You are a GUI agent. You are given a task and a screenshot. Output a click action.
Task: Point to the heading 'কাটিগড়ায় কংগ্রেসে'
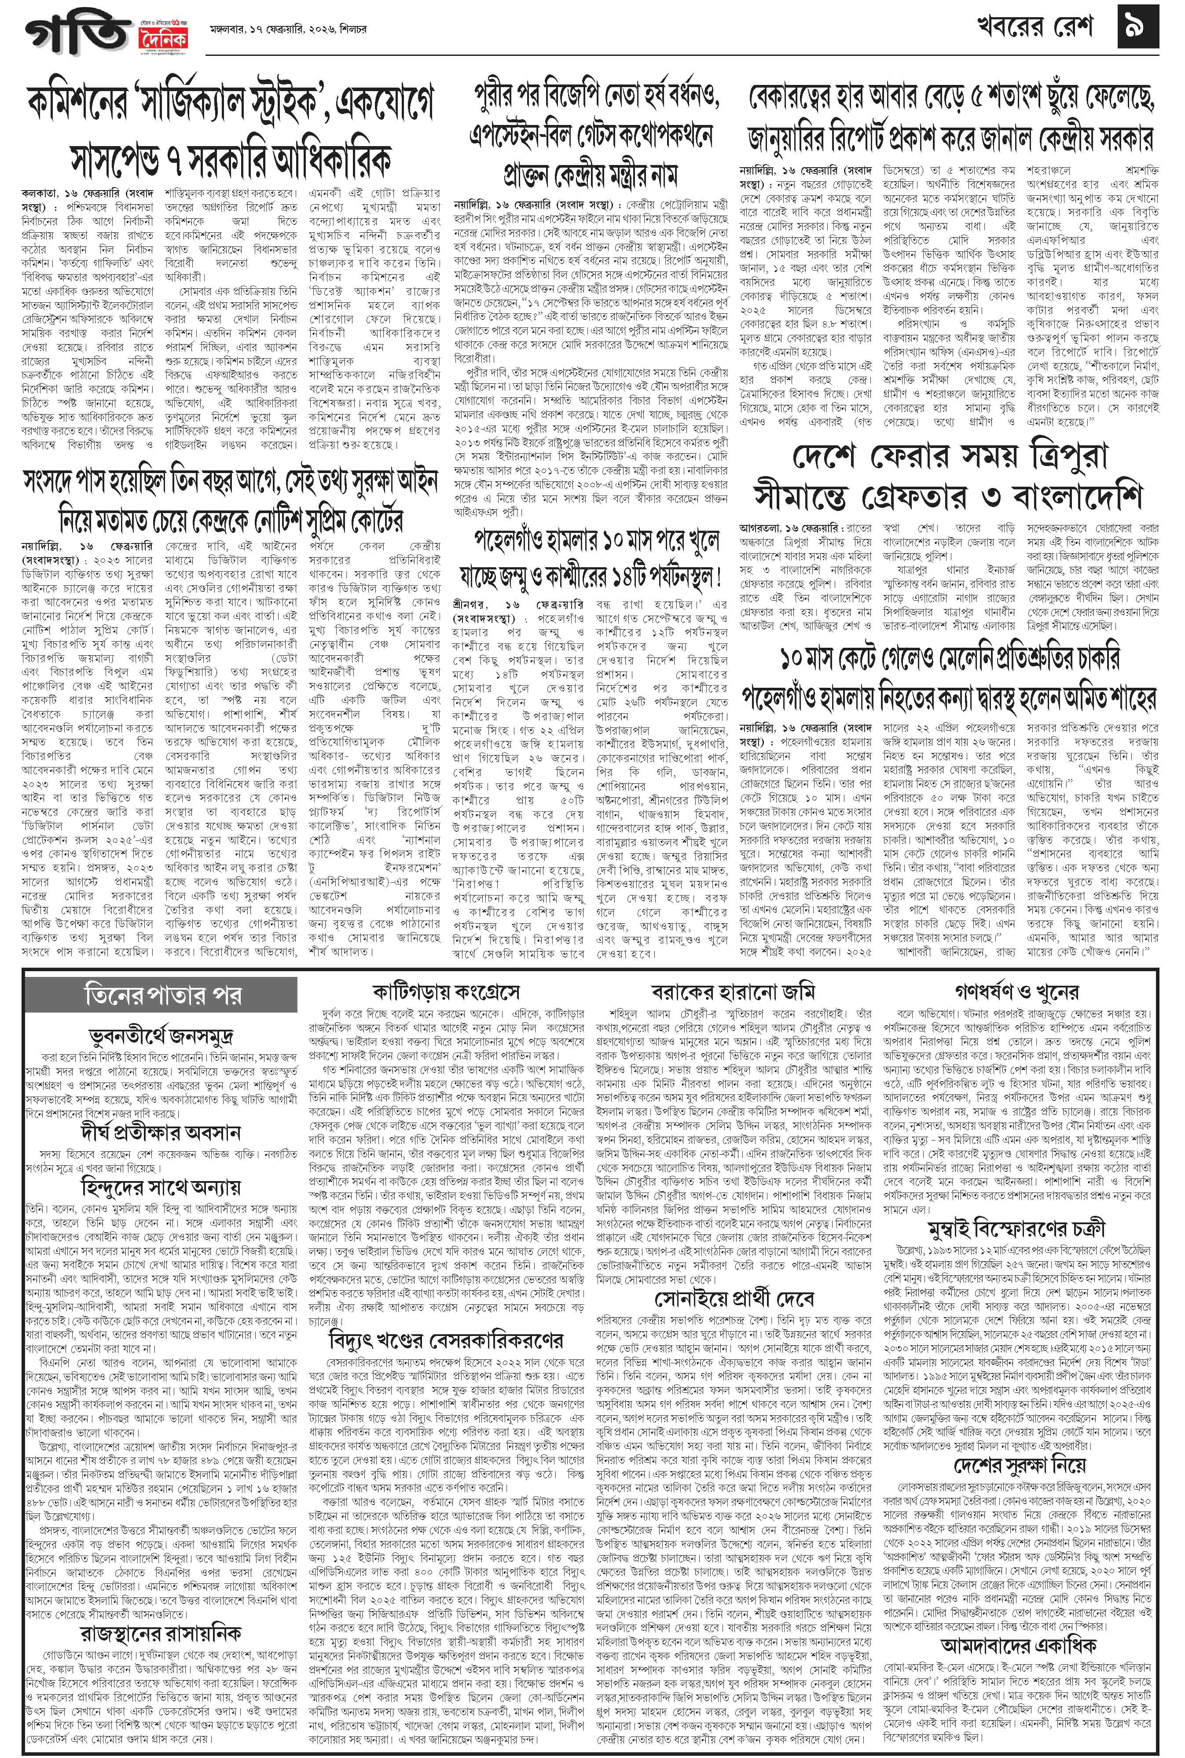pyautogui.click(x=445, y=991)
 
